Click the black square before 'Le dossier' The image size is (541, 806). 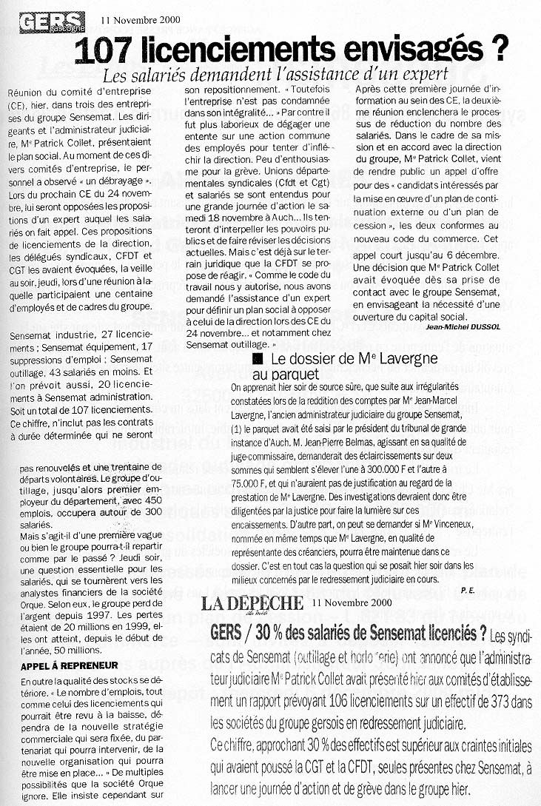coord(258,359)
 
